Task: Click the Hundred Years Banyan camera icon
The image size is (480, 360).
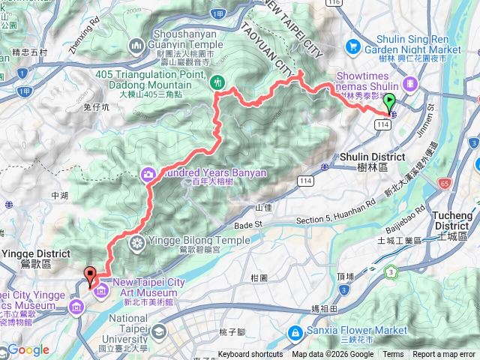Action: (148, 174)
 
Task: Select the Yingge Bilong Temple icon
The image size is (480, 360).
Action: (136, 242)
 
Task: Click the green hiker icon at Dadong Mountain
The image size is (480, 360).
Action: (217, 81)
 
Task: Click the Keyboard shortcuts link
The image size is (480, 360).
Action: (250, 355)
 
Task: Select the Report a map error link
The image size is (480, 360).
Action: (445, 355)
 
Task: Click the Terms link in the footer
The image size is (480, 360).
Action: (393, 355)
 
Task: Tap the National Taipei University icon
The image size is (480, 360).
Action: (159, 331)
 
